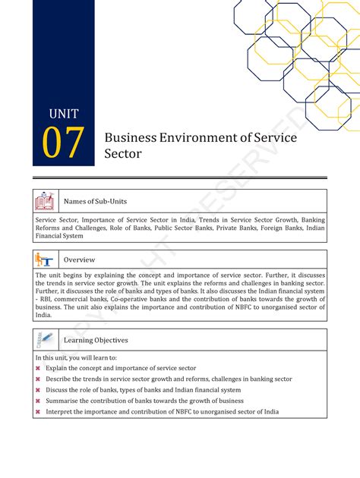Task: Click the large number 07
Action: tap(63, 144)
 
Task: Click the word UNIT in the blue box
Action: tap(64, 115)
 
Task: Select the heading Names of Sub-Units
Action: tap(95, 201)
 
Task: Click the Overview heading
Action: tap(79, 259)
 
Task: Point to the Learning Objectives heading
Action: tap(96, 341)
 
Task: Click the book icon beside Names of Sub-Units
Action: tap(44, 201)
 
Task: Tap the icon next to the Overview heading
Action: tap(44, 259)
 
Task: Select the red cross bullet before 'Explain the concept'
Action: tap(38, 368)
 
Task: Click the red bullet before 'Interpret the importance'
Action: tap(38, 412)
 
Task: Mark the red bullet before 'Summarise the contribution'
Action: tap(38, 401)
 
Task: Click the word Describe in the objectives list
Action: tap(59, 379)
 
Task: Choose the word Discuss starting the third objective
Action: tap(58, 390)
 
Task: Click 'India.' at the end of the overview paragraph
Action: tap(44, 314)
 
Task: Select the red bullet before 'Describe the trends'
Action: tap(38, 379)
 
